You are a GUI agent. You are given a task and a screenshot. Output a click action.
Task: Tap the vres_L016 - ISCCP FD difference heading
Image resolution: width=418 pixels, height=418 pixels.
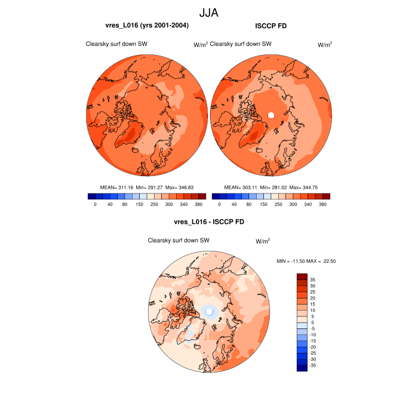coord(208,222)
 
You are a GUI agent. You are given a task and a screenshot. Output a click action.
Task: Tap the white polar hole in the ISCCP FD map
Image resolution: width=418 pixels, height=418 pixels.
coord(271,115)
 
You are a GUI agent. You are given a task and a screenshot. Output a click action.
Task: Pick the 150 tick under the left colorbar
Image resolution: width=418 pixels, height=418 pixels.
coord(139,204)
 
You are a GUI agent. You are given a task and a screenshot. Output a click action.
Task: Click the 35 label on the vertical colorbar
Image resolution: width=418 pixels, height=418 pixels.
coord(312,279)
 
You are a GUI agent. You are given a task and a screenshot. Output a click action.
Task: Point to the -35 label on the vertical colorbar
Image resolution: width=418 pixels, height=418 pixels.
coord(313,365)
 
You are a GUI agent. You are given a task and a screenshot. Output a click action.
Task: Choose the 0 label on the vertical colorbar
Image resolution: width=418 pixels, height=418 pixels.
coord(311,322)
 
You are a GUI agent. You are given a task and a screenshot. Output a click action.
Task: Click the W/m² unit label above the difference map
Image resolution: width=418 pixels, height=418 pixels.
coord(263,241)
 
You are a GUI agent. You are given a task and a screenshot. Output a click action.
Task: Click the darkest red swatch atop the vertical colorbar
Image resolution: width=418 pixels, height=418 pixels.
coord(302,276)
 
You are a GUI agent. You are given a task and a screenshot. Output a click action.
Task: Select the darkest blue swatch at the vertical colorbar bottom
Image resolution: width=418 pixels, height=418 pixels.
coord(302,368)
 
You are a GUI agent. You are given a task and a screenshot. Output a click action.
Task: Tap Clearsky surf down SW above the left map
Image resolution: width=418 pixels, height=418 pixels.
coord(116,44)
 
